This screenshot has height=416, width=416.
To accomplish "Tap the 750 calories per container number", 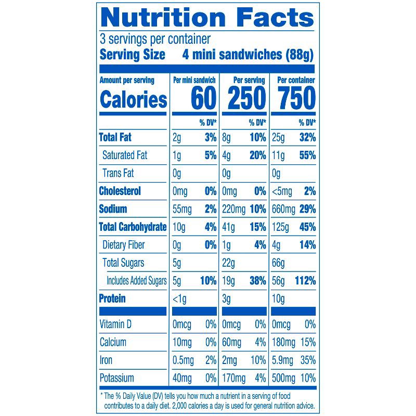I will coord(296,98).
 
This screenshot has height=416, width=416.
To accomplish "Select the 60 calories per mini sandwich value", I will coord(203,98).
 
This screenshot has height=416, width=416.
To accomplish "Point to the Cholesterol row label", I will coord(120,191).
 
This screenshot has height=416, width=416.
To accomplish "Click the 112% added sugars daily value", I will coord(305,281).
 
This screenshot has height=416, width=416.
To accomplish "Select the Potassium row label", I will coord(116,378).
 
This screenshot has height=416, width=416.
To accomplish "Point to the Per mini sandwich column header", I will coord(194,81).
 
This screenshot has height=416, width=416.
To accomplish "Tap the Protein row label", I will coord(112,299).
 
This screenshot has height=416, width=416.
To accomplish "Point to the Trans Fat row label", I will coord(118,173).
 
